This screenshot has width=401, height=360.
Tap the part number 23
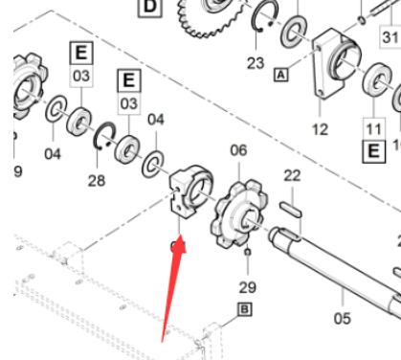click(x=255, y=63)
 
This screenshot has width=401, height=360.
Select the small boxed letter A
click(x=281, y=74)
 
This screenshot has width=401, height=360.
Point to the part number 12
click(x=320, y=128)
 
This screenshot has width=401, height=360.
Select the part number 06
click(x=238, y=150)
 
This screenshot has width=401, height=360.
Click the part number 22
click(x=292, y=175)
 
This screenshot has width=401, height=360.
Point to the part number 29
click(x=249, y=287)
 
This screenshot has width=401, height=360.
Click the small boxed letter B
click(x=244, y=309)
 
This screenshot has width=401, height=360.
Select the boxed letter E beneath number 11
click(x=371, y=150)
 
